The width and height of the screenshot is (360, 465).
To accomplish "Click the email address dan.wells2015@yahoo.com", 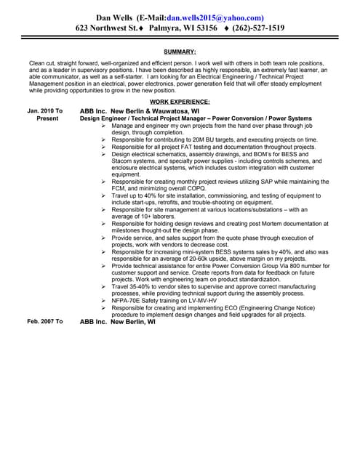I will click(215, 17).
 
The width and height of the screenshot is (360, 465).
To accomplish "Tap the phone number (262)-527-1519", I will click(258, 28).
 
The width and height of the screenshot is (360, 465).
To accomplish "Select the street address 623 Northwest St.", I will click(106, 28).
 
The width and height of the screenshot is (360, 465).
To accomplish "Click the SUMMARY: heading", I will click(180, 52).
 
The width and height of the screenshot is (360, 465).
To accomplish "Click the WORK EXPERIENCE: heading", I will click(180, 102).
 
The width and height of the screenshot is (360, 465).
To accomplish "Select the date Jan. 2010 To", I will click(45, 110).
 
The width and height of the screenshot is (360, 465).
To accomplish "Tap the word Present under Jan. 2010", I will click(47, 118).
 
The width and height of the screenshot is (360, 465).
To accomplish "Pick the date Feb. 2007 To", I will click(45, 320).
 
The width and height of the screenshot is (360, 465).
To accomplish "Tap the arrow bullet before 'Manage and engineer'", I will click(103, 125).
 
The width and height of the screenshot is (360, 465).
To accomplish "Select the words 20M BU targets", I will click(206, 139).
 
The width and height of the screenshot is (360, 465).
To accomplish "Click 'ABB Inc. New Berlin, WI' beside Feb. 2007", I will click(117, 320).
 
